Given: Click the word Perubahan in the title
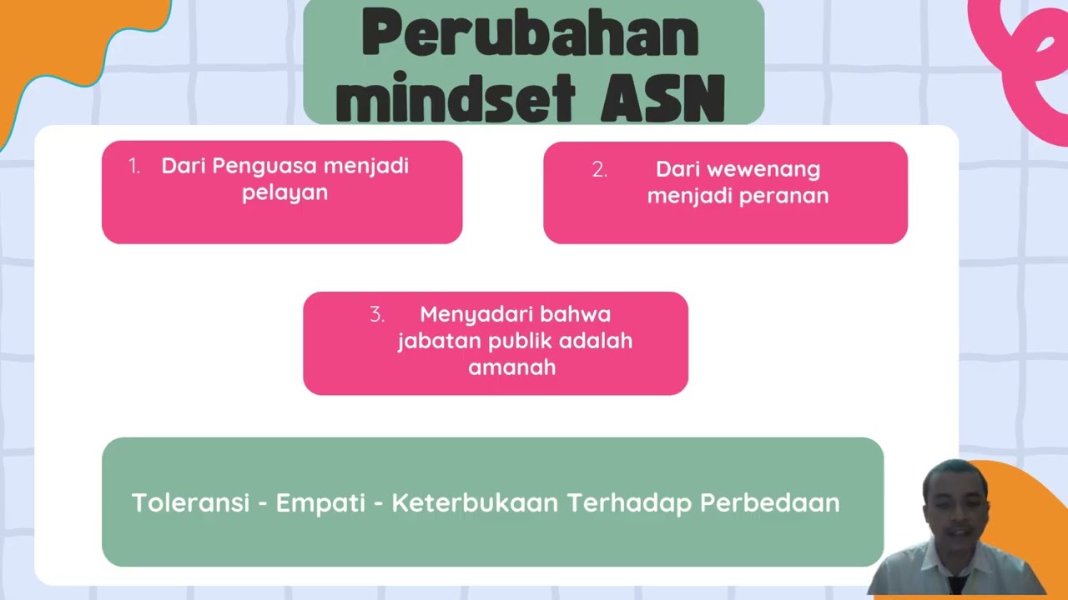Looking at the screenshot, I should click(530, 35).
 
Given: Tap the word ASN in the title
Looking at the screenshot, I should click(662, 97).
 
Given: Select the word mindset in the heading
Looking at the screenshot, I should click(456, 97).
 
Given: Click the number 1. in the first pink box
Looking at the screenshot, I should click(134, 166).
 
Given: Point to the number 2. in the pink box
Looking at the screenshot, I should click(599, 170).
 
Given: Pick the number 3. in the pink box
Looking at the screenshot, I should click(377, 315).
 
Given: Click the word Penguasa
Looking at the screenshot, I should click(265, 166).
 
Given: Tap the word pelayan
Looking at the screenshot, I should click(285, 192).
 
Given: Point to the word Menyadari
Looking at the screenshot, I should click(475, 315).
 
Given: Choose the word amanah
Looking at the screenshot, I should click(511, 367).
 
